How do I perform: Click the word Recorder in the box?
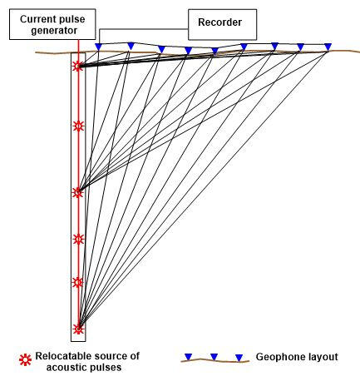tap(219, 22)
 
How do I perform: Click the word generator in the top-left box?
tap(54, 31)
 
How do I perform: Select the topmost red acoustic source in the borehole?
tap(78, 66)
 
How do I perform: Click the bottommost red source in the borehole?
tap(78, 329)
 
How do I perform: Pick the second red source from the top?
tap(78, 126)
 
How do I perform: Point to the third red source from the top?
tap(78, 192)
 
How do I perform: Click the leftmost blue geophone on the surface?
tap(99, 47)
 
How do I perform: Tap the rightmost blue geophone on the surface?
tap(328, 47)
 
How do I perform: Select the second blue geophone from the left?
tap(131, 46)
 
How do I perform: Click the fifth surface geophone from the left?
tap(215, 52)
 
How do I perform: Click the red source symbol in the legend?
tap(25, 360)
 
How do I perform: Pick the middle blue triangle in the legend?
tap(214, 357)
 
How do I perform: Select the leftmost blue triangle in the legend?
tap(189, 357)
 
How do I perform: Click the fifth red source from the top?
tap(78, 282)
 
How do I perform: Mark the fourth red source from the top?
tap(78, 239)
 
